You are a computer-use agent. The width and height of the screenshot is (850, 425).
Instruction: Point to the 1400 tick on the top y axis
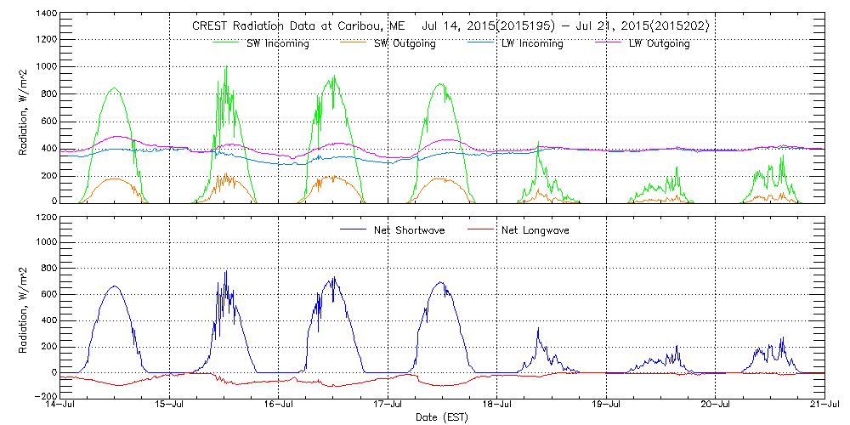[45, 14]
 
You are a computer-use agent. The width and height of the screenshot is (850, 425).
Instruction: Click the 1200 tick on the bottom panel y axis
[45, 218]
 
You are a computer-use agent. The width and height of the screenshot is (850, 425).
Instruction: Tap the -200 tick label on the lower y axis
[43, 397]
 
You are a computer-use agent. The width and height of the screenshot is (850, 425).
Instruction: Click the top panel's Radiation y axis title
[24, 108]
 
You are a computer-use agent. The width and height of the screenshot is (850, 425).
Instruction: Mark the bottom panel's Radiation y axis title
[24, 306]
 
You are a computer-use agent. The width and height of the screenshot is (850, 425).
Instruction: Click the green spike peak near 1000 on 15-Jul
[226, 66]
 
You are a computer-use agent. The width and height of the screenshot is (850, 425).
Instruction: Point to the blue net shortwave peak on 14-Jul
[115, 286]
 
